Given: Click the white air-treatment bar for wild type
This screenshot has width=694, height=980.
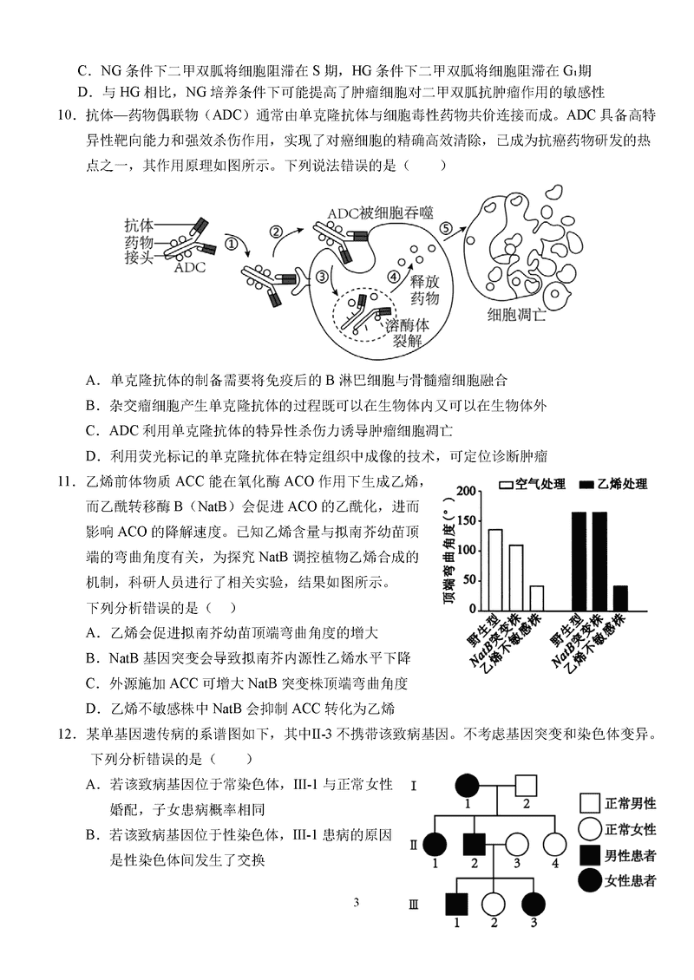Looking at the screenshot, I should tap(495, 569).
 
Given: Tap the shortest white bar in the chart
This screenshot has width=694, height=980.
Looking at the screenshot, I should tap(537, 598).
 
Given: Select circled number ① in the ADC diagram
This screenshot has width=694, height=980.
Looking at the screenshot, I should tap(231, 244).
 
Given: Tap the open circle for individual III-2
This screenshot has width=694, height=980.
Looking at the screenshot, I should tap(494, 904).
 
